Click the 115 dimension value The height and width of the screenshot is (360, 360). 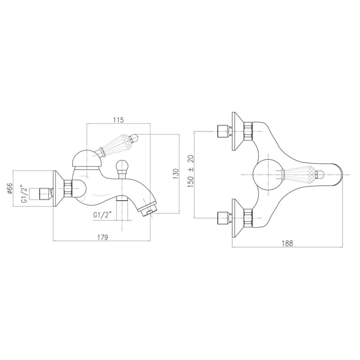pos(118,120)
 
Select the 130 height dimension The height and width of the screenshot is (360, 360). pos(175,174)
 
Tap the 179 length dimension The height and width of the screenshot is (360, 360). pos(103,237)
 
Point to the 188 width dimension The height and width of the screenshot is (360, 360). pos(287,243)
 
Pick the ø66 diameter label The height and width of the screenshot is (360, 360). pos(9,189)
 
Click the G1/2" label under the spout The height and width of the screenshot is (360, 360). pos(103,215)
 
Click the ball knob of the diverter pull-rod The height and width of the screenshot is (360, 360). pos(121,165)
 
